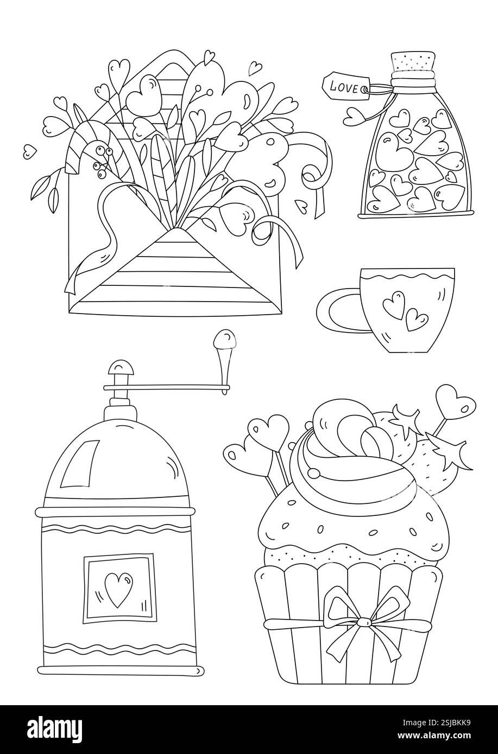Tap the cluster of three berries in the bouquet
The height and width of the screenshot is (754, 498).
[x=101, y=160]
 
